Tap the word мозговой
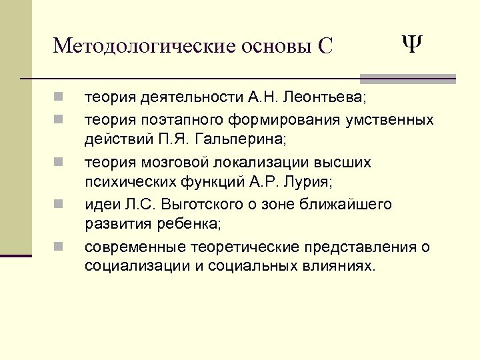coord(175,162)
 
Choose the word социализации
coord(137,267)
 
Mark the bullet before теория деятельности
coord(59,99)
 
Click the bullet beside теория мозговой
coord(59,162)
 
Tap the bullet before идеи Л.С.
coord(59,204)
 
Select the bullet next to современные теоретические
coord(59,247)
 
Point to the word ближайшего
coord(353,204)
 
